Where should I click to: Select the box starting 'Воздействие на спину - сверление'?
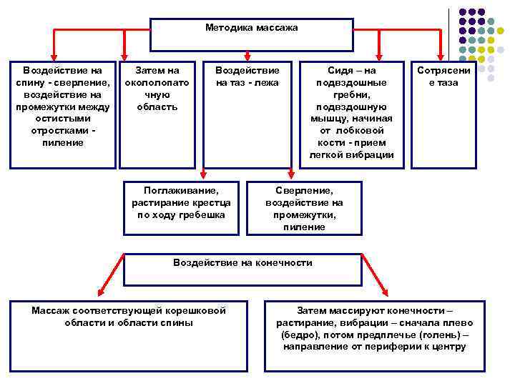tap(62, 114)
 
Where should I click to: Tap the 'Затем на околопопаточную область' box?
tap(157, 114)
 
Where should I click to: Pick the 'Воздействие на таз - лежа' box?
tap(247, 114)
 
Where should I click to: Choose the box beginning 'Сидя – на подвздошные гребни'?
tap(351, 114)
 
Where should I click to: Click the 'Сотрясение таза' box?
tap(443, 114)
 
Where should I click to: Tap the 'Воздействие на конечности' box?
tap(243, 269)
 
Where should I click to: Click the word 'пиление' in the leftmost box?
tap(63, 142)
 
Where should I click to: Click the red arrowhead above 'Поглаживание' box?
tap(203, 172)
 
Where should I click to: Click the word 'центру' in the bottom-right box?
tap(448, 347)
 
